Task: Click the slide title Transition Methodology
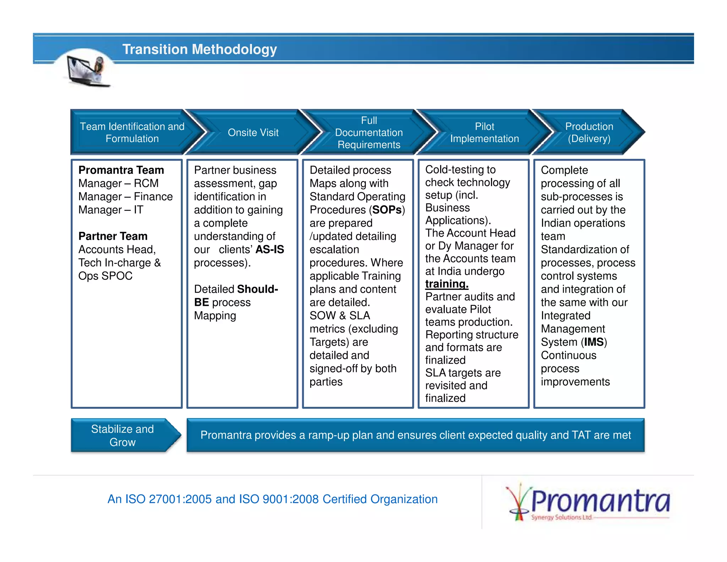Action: tap(199, 49)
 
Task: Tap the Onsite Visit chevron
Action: tap(253, 133)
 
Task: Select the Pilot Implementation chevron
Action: tap(484, 133)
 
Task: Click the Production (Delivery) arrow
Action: tap(589, 133)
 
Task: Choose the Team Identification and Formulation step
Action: tap(132, 133)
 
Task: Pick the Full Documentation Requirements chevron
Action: tap(369, 133)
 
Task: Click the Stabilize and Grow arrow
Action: tap(123, 435)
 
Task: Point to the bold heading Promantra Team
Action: tap(121, 170)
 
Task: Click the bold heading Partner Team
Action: tap(113, 236)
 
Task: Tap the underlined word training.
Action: tap(447, 284)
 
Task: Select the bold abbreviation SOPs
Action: tap(387, 210)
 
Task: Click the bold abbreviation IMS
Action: tap(594, 342)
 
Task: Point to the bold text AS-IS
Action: tap(270, 249)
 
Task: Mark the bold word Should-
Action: tap(258, 289)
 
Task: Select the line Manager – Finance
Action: tap(125, 197)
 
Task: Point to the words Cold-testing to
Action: tap(460, 170)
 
